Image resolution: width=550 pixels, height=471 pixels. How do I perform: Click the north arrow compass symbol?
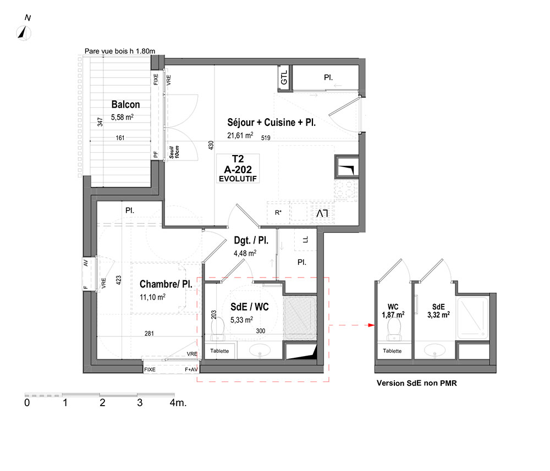pyautogui.click(x=24, y=33)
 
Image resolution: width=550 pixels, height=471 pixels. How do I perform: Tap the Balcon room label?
pyautogui.click(x=125, y=104)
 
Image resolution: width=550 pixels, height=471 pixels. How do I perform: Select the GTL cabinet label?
pyautogui.click(x=284, y=77)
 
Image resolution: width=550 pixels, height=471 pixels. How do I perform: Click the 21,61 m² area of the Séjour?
pyautogui.click(x=240, y=135)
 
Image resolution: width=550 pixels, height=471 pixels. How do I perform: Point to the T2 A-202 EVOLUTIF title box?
pyautogui.click(x=238, y=169)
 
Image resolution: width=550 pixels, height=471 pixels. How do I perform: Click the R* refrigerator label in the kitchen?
pyautogui.click(x=278, y=212)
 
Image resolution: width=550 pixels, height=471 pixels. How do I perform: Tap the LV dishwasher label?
pyautogui.click(x=322, y=213)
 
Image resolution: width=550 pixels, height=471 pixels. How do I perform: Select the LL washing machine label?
pyautogui.click(x=305, y=240)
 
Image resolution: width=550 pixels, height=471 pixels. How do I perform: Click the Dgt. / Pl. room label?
pyautogui.click(x=251, y=240)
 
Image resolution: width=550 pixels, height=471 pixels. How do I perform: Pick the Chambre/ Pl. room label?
pyautogui.click(x=166, y=284)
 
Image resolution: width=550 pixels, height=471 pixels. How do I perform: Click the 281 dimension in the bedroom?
pyautogui.click(x=149, y=333)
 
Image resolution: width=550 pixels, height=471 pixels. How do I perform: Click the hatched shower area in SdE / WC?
pyautogui.click(x=300, y=318)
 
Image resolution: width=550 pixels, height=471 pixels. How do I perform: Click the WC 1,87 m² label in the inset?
pyautogui.click(x=393, y=311)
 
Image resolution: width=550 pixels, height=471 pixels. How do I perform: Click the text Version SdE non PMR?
pyautogui.click(x=417, y=383)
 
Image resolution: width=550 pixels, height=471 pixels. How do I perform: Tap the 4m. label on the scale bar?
pyautogui.click(x=178, y=403)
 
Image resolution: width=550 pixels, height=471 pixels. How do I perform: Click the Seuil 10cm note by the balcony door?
pyautogui.click(x=174, y=152)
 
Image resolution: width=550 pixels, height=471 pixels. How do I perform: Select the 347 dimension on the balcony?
pyautogui.click(x=100, y=122)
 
